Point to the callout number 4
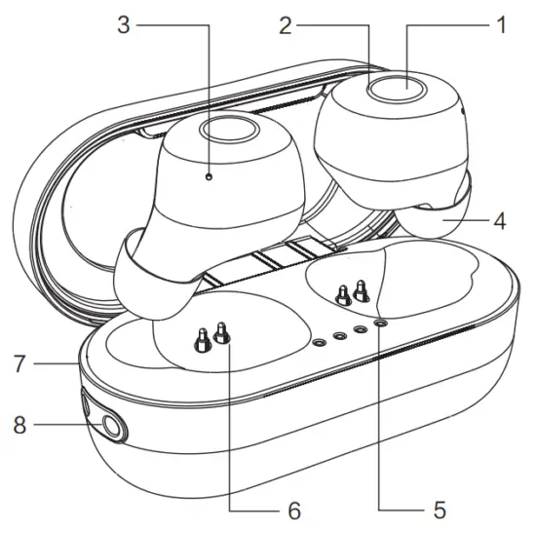pyautogui.click(x=500, y=221)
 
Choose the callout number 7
pyautogui.click(x=17, y=365)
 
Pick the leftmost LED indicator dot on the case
pyautogui.click(x=320, y=343)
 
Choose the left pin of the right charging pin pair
pyautogui.click(x=342, y=293)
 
